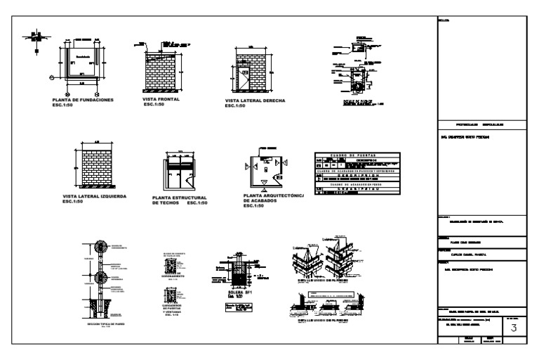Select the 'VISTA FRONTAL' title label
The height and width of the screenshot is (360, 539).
(x=161, y=99)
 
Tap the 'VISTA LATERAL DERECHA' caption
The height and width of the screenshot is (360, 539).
(x=255, y=101)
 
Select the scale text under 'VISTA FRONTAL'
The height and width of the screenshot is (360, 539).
(x=154, y=105)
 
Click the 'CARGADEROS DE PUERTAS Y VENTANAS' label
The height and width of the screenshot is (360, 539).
(x=173, y=309)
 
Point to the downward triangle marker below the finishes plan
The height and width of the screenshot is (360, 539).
(x=262, y=190)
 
